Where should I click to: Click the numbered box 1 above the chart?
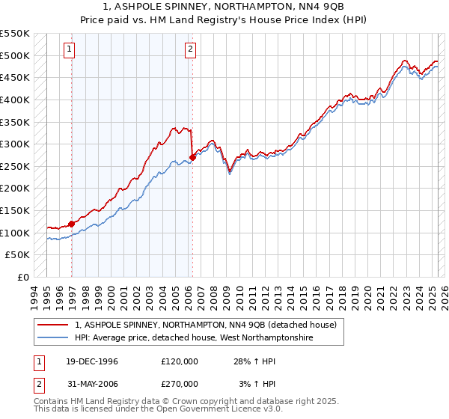click(x=69, y=50)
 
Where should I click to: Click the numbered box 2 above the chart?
click(x=190, y=50)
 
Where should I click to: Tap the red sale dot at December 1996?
click(x=72, y=223)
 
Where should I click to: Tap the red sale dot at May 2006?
click(x=192, y=157)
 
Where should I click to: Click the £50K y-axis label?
click(x=18, y=255)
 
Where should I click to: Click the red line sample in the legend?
click(x=53, y=325)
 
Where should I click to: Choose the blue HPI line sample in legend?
click(x=53, y=338)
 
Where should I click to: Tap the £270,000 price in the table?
click(x=179, y=384)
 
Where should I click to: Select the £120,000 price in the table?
click(x=179, y=361)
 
